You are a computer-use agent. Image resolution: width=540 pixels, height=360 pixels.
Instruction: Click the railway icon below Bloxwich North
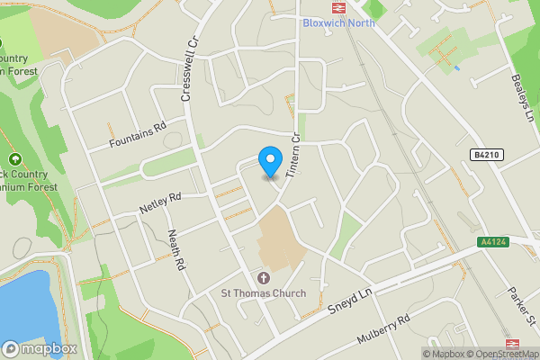point(337,39)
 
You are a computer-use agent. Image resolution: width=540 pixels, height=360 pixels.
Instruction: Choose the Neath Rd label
point(176,250)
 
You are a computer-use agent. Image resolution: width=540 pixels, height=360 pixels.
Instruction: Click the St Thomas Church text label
point(264,293)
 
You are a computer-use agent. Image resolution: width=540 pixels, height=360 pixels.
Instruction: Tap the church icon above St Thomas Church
point(264,277)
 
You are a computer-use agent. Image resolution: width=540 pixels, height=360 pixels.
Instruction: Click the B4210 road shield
point(485,155)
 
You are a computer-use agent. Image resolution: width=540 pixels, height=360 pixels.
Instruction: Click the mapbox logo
point(40,349)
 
